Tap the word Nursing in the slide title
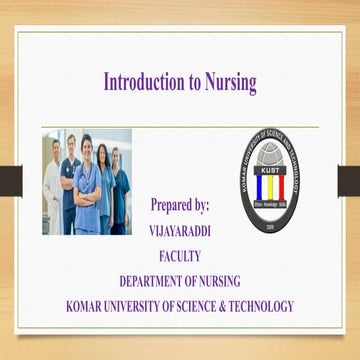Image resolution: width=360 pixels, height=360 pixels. [x=229, y=81]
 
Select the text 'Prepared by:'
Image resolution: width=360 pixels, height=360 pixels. [x=179, y=205]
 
